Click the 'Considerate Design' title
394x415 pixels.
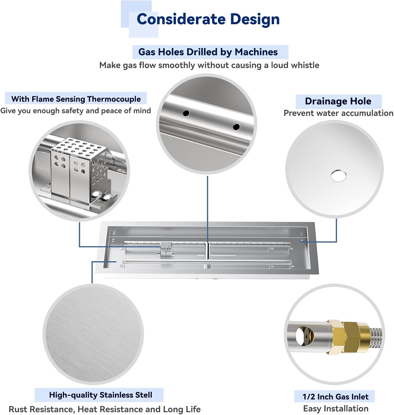208,19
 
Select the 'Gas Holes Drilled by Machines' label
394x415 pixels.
208,52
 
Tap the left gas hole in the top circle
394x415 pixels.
186,113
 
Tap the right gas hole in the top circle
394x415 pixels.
236,127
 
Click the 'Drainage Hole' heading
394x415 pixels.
338,101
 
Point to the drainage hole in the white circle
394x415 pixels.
338,175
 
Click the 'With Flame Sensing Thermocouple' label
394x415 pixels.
76,99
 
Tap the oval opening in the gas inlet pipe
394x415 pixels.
301,336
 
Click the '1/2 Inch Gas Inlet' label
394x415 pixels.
335,397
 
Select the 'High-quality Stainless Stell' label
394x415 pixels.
100,395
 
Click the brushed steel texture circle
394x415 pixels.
93,334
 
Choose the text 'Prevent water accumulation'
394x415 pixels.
338,113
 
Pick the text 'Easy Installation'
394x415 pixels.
336,409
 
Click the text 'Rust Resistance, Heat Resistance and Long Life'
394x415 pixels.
105,409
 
